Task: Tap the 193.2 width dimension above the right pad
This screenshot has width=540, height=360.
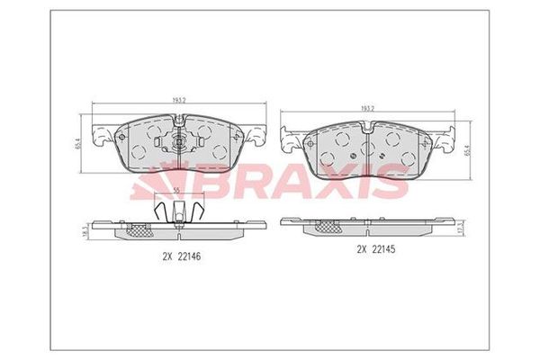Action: pyautogui.click(x=366, y=109)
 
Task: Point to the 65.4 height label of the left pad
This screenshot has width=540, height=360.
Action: pyautogui.click(x=78, y=141)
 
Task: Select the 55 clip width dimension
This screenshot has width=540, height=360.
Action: pyautogui.click(x=177, y=190)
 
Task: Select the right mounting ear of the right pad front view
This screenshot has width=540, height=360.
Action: pyautogui.click(x=444, y=140)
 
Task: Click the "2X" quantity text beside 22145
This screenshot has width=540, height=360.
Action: pyautogui.click(x=363, y=248)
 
